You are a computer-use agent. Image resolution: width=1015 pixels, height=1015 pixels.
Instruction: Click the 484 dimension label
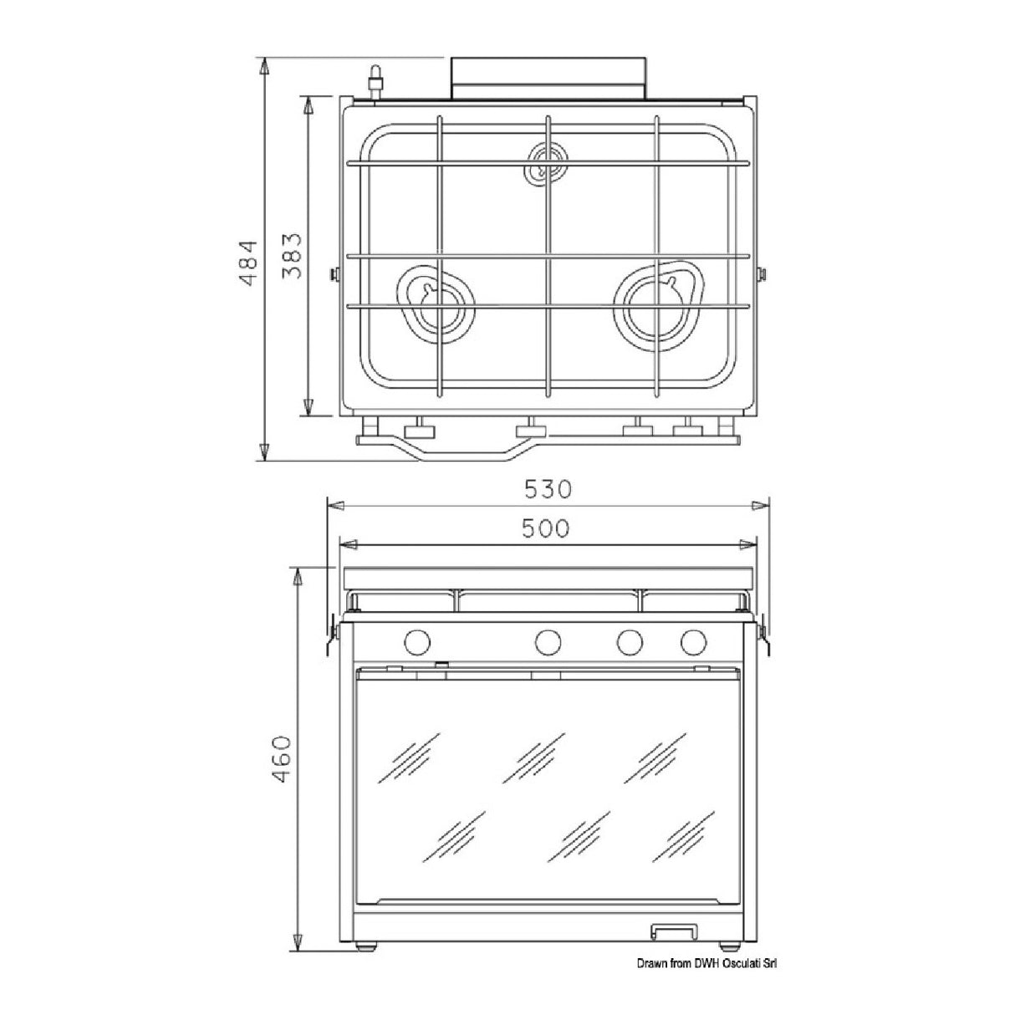click(x=247, y=263)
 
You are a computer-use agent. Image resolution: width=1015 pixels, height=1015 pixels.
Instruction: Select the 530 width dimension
click(x=548, y=490)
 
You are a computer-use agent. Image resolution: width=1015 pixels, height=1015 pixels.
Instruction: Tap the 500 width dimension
click(x=546, y=528)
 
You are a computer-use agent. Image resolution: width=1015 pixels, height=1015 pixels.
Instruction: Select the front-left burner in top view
click(x=435, y=306)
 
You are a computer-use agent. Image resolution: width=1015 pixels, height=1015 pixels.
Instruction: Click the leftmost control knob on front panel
click(x=417, y=641)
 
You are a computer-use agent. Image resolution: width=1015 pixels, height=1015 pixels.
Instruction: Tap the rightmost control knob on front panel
click(x=693, y=641)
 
